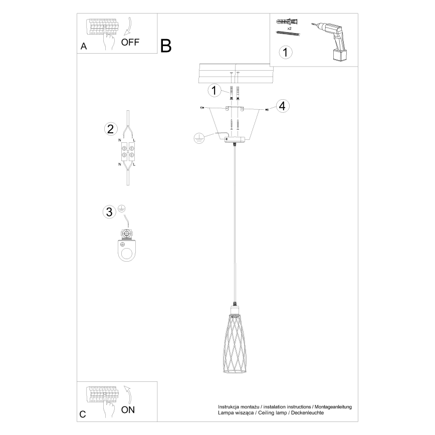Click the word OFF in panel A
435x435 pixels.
coord(131,43)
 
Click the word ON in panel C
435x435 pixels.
coord(128,410)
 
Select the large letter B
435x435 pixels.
coord(166,46)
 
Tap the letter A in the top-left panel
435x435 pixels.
coord(84,47)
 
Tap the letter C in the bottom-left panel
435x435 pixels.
coord(83,414)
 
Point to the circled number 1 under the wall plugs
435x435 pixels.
coord(285,52)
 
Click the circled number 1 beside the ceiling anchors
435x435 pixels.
coord(214,91)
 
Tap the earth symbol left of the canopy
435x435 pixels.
coord(199,139)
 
